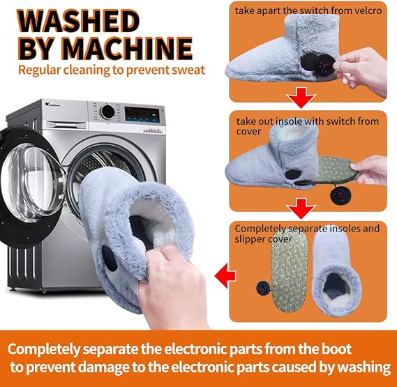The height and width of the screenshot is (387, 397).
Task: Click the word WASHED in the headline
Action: tap(78, 21)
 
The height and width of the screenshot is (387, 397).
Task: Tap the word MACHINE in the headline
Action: tap(126, 48)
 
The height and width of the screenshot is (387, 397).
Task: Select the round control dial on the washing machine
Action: tap(108, 112)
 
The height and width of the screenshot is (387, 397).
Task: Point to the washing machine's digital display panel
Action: tap(142, 114)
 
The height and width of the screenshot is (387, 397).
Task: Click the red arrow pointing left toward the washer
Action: tap(225, 275)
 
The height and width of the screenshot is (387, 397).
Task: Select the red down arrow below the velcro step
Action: tap(301, 98)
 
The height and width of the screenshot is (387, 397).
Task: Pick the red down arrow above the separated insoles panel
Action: tap(301, 208)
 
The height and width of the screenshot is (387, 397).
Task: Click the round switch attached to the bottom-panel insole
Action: tap(263, 288)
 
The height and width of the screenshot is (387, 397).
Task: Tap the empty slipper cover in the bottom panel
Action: tap(336, 271)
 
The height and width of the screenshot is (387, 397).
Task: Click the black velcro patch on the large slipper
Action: tap(110, 258)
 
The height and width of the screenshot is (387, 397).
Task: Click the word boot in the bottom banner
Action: tap(337, 349)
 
